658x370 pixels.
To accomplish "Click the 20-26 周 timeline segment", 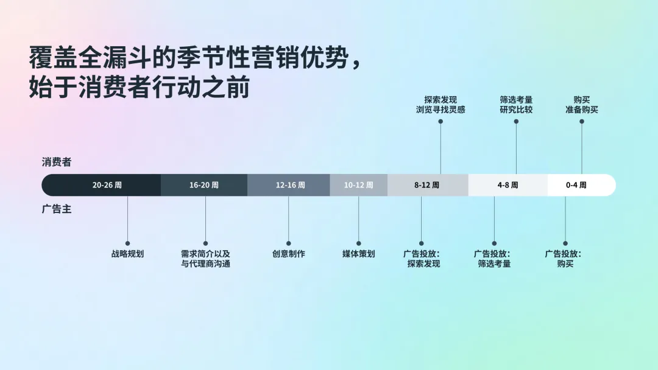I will point(107,185).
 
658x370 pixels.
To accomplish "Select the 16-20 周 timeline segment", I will point(204,185).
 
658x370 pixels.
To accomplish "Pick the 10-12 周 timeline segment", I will point(358,185).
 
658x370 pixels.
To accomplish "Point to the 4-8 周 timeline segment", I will point(508,185).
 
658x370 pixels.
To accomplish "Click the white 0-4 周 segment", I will point(576,185).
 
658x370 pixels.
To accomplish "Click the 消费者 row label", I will point(57,162).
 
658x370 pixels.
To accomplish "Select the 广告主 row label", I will point(57,209).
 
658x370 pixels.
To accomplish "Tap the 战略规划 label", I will point(127,254).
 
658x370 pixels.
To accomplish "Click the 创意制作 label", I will point(289,254).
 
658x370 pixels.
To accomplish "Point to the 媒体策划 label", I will point(358,254).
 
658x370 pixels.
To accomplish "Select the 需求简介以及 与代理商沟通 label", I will point(205,259).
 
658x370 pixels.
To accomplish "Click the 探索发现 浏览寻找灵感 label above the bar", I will point(440,105).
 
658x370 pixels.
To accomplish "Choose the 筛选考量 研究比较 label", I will point(516,105).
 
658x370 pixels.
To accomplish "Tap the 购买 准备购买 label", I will point(581,105).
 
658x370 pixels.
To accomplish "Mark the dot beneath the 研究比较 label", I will point(516,121).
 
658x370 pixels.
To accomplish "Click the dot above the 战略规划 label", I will point(127,243).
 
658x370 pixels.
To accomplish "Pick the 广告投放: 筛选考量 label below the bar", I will point(493,259).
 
